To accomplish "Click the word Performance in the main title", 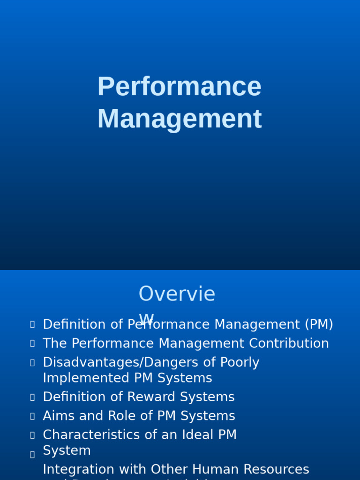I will (x=179, y=87).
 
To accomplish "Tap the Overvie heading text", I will (x=177, y=294).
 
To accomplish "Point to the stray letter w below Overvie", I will (x=146, y=318).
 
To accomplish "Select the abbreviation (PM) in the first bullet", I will (x=319, y=324).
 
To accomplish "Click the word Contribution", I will (x=289, y=344).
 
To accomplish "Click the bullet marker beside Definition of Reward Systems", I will (x=32, y=397).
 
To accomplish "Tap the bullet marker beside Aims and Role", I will (x=32, y=416).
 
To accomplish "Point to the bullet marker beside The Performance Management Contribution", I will (x=32, y=344).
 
